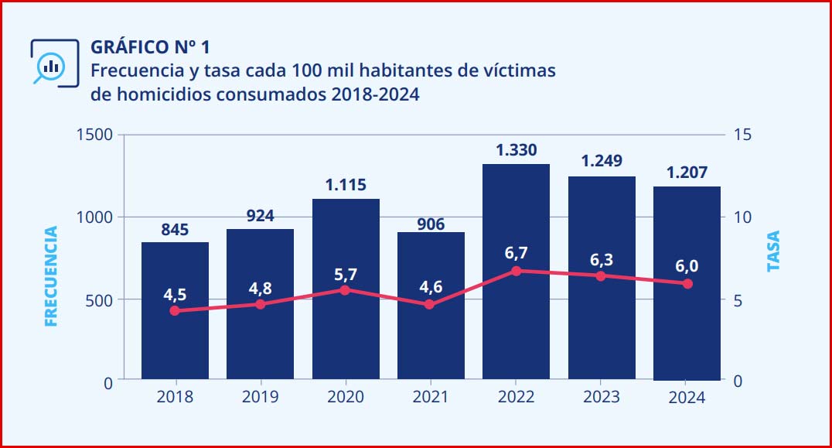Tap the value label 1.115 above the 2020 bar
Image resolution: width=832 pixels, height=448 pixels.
346,186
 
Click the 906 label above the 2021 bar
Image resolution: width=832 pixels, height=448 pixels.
431,224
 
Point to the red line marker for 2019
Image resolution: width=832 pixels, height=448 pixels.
260,304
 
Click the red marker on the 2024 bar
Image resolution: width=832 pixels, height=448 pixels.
687,283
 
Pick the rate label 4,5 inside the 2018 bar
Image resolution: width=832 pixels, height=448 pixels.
175,295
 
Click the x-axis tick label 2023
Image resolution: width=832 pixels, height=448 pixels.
602,398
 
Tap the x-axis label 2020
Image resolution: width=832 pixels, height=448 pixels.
346,398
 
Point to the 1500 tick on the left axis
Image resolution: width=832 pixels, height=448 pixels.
95,135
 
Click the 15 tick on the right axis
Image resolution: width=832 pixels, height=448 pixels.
743,135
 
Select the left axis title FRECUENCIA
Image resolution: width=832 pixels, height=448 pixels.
52,276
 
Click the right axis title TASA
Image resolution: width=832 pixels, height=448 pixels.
773,251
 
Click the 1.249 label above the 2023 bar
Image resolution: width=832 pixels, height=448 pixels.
602,161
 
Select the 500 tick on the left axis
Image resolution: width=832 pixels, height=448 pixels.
101,300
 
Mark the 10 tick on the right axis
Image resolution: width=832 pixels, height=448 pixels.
743,217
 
